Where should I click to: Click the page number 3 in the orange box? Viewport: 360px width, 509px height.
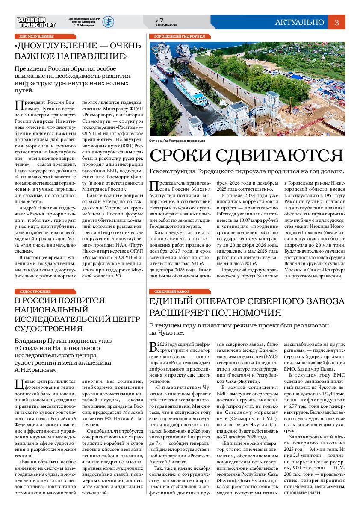coord(336,23)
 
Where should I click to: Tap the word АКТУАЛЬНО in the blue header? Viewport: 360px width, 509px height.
coord(299,23)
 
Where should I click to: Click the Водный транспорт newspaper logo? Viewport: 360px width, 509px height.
coord(36,22)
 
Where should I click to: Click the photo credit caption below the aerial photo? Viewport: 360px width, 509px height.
coord(177,141)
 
